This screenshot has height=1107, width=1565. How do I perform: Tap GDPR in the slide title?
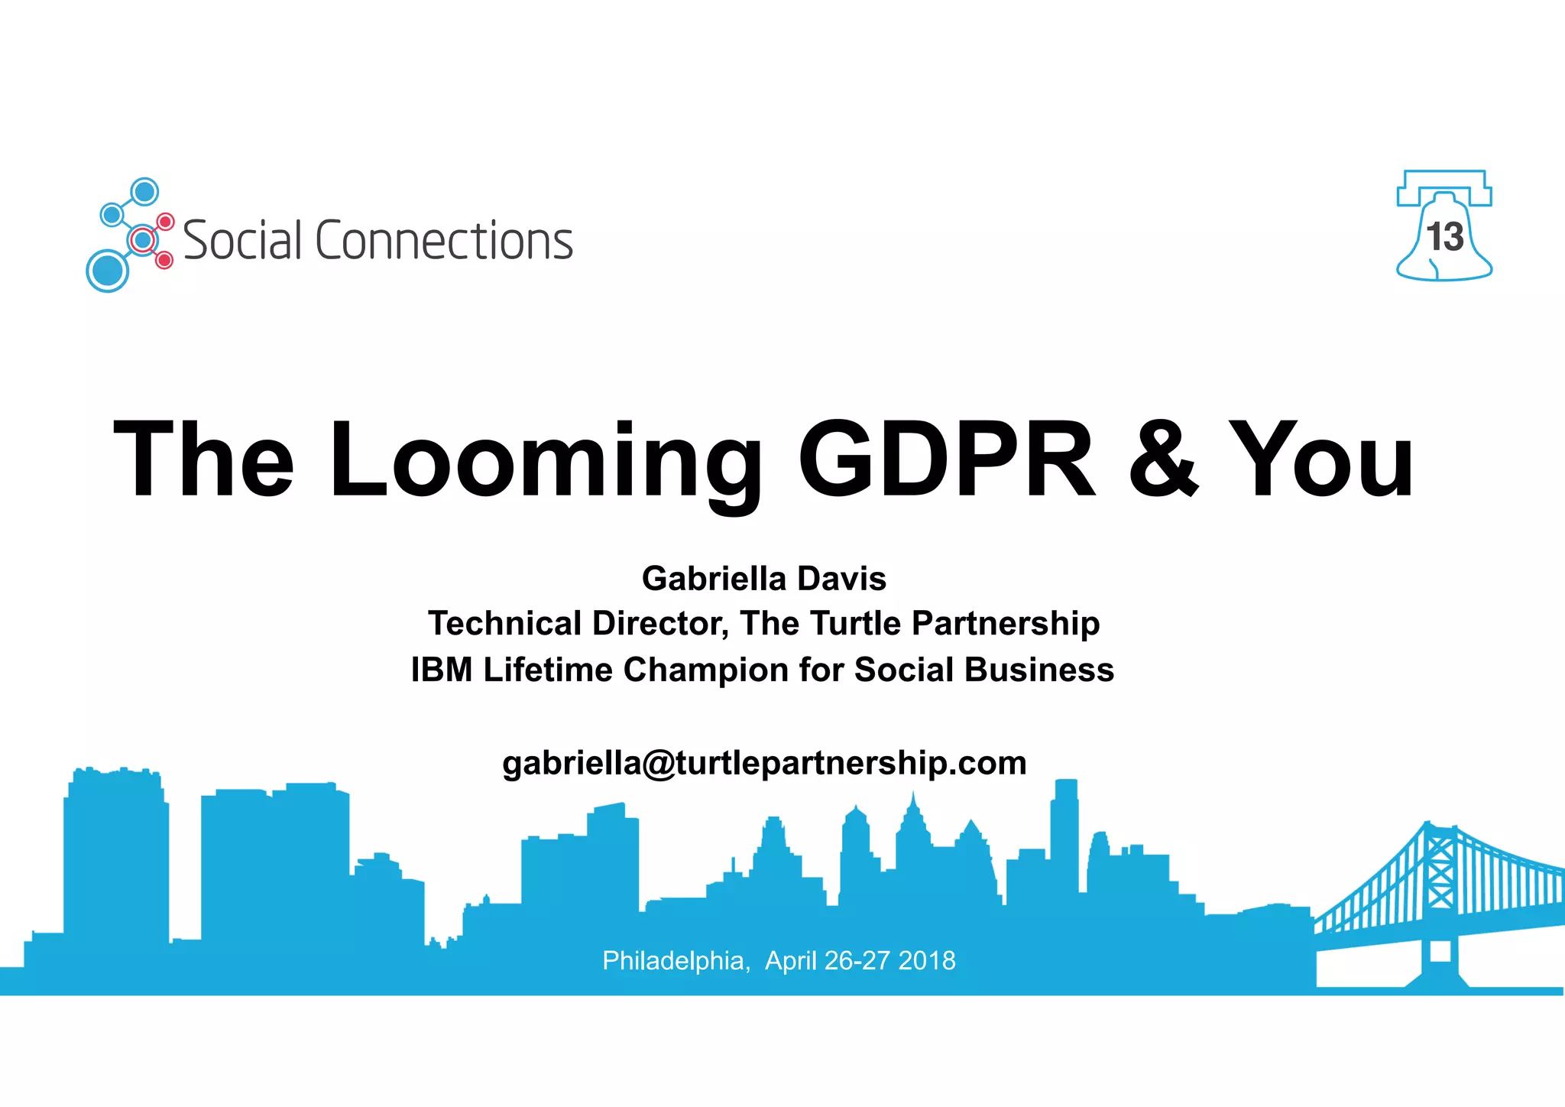click(947, 459)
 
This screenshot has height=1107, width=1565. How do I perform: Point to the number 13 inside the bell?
click(1444, 237)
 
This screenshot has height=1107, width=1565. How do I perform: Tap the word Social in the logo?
click(243, 241)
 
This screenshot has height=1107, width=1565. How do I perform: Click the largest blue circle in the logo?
click(108, 270)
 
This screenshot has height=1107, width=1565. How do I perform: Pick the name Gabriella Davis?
click(764, 579)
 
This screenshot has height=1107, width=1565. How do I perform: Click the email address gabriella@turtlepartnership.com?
click(764, 763)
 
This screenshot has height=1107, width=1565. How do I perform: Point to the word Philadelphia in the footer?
click(673, 960)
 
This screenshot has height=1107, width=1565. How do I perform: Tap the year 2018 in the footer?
click(927, 960)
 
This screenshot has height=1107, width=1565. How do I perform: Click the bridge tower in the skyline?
click(1440, 879)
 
